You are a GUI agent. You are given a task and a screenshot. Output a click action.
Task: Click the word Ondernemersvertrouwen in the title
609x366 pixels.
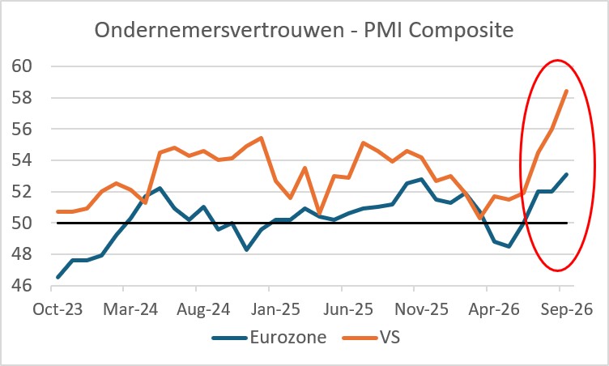(x=219, y=30)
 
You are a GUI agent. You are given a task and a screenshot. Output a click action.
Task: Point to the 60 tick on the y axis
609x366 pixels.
(x=22, y=66)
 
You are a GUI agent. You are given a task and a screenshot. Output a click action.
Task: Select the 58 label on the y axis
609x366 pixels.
(x=22, y=97)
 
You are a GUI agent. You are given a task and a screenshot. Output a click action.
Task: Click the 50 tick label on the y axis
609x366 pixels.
(x=22, y=223)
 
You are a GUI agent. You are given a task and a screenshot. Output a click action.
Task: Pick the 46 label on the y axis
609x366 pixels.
(x=22, y=286)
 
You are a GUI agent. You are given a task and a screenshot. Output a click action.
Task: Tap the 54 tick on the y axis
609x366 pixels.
(x=22, y=160)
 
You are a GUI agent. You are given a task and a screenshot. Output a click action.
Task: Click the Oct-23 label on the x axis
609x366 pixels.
(x=57, y=309)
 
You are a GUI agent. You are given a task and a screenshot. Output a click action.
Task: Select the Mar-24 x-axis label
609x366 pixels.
(x=130, y=309)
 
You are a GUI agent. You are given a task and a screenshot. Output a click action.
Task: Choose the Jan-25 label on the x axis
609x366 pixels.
(x=276, y=309)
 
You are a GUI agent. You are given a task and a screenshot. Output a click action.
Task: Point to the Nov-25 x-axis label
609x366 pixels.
(x=421, y=309)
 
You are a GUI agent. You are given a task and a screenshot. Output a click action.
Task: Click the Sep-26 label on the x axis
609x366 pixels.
(x=567, y=309)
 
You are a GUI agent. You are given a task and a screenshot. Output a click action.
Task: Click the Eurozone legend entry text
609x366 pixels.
(x=288, y=337)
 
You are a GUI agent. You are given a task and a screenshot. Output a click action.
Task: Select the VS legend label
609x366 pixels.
(x=390, y=337)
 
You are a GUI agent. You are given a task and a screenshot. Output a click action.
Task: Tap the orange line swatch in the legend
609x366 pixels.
(x=360, y=338)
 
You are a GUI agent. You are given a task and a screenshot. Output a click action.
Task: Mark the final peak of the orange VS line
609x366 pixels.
(x=567, y=91)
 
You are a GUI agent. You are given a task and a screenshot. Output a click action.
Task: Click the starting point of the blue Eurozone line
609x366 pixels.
(x=57, y=278)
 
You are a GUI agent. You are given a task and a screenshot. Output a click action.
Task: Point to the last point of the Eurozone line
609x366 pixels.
(x=567, y=174)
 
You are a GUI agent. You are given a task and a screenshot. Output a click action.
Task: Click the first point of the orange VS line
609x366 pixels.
(x=57, y=212)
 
